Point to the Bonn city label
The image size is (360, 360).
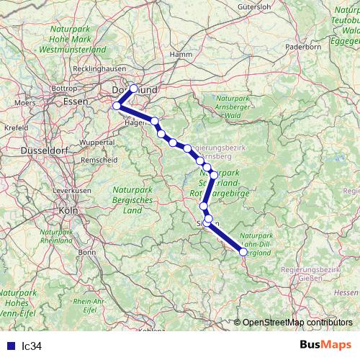(87, 252)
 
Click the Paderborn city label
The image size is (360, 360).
(303, 46)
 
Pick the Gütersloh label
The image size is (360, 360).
(254, 7)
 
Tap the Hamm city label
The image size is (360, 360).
(180, 54)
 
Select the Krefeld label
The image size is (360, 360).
(15, 127)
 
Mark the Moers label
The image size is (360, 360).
(24, 102)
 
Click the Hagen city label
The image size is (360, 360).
(135, 122)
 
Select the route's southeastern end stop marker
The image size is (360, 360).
(243, 252)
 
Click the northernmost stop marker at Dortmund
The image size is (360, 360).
(133, 89)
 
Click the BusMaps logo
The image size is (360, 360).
(325, 345)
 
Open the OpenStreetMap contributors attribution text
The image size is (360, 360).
(297, 323)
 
